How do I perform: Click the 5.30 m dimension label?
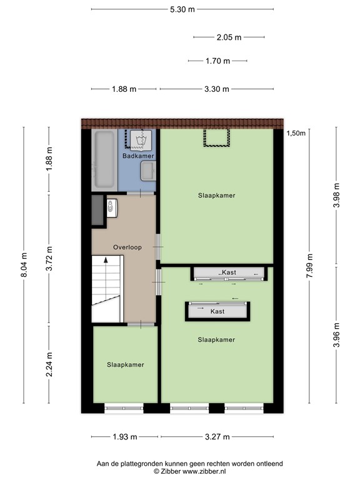pyautogui.click(x=182, y=9)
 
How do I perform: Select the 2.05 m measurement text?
pyautogui.click(x=229, y=37)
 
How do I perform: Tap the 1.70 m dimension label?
pyautogui.click(x=217, y=61)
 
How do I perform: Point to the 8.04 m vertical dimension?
pyautogui.click(x=24, y=265)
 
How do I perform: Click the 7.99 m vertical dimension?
pyautogui.click(x=309, y=266)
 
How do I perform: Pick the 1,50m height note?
pyautogui.click(x=296, y=133)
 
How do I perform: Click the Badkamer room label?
pyautogui.click(x=138, y=156)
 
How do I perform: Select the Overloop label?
pyautogui.click(x=127, y=247)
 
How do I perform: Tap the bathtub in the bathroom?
pyautogui.click(x=104, y=159)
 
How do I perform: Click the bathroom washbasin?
pyautogui.click(x=148, y=171)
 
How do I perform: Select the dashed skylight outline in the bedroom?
pyautogui.click(x=217, y=137)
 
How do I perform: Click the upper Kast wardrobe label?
pyautogui.click(x=229, y=272)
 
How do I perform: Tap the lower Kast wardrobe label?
pyautogui.click(x=217, y=311)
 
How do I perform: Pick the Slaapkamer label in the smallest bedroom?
pyautogui.click(x=126, y=364)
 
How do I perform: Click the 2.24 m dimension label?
pyautogui.click(x=49, y=364)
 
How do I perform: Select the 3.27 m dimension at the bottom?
pyautogui.click(x=217, y=437)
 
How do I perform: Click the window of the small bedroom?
pyautogui.click(x=124, y=408)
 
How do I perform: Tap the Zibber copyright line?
pyautogui.click(x=190, y=471)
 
